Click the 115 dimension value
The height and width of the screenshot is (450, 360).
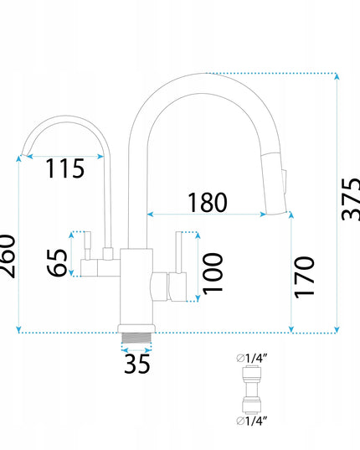pos(65,168)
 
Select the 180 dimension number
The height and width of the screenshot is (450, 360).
pos(208,202)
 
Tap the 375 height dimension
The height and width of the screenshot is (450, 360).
pos(351,199)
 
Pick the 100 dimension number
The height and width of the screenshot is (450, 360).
pos(213,273)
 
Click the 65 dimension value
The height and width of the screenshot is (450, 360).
pos(57,262)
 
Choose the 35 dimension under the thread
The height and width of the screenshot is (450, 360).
pos(137,364)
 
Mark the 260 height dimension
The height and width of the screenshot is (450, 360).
pos(8,256)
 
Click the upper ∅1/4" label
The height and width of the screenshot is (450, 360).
pos(252,358)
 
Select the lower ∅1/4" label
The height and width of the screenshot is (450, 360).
pos(252,421)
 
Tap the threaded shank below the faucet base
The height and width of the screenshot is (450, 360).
pos(136,338)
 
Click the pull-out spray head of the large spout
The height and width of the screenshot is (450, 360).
pos(275,183)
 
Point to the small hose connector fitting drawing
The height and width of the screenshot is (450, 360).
pos(252,390)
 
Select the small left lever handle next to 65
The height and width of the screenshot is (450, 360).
pos(89,254)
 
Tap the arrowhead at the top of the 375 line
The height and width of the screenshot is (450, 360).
pos(337,76)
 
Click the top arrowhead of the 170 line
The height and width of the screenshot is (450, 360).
pos(291,215)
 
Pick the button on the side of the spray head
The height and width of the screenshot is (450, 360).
pos(284,182)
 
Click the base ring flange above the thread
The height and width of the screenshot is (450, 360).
pos(136,328)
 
